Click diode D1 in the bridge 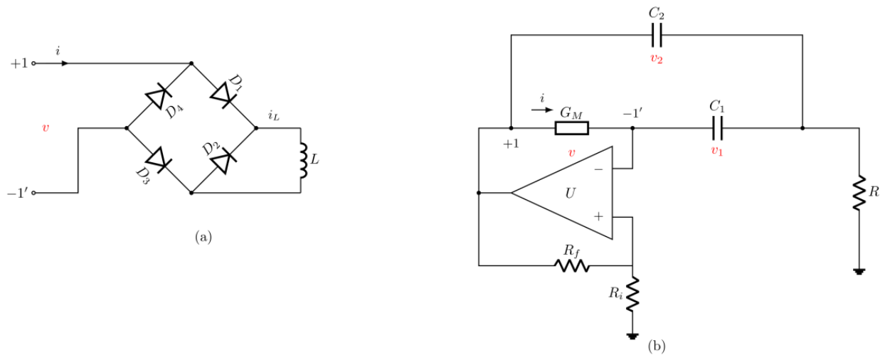coord(223,95)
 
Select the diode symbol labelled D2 coord(223,160)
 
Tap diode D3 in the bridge coord(159,160)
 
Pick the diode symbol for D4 coord(159,95)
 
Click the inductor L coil coord(303,161)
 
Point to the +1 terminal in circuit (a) coord(33,63)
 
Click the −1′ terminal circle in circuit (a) coord(33,193)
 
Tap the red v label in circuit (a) coord(46,127)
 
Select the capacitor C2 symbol coord(657,35)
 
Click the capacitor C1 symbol coord(718,128)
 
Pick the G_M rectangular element coord(572,128)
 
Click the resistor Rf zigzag coord(572,265)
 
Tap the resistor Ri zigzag coord(632,294)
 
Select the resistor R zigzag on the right coord(859,193)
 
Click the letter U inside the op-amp coord(570,194)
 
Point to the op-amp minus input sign coord(598,169)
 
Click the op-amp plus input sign coord(598,216)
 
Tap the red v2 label coord(657,59)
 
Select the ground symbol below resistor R coord(859,272)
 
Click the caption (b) coord(657,346)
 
